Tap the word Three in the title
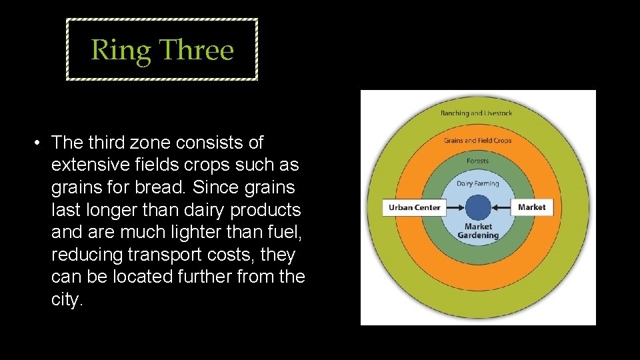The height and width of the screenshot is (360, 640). point(197,50)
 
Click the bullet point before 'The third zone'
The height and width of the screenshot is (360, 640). point(40,143)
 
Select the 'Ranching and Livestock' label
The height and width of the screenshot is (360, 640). point(476,113)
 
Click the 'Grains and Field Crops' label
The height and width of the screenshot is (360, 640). point(477,141)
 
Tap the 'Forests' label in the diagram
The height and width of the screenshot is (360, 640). point(477,161)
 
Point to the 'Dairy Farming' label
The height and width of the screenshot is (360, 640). point(477,183)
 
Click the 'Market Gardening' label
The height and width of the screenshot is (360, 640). point(478,231)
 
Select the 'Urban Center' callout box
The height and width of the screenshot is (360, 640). point(414,207)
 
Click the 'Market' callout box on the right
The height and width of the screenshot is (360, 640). point(531,207)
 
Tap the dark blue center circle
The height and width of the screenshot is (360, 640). point(478,207)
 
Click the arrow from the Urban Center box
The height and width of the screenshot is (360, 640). point(455,207)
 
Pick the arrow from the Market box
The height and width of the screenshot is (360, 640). point(501,207)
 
